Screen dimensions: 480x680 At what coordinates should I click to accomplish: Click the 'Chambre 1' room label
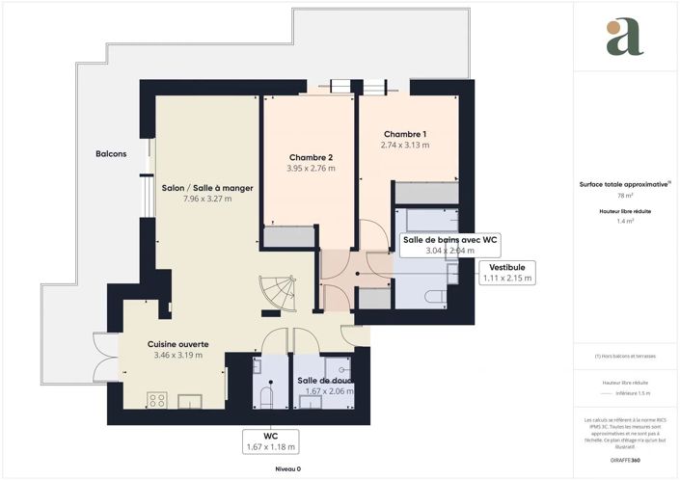(405, 134)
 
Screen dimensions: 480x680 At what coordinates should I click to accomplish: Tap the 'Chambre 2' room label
(311, 157)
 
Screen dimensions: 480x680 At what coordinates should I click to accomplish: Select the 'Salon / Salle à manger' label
(206, 188)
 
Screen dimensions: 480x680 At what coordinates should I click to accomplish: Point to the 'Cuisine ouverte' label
(177, 343)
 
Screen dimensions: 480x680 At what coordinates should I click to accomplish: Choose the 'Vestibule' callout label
(507, 266)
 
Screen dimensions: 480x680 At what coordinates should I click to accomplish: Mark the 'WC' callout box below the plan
(270, 441)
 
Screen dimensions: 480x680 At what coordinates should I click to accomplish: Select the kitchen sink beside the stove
(188, 399)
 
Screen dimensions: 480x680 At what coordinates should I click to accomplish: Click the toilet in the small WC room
(268, 396)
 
